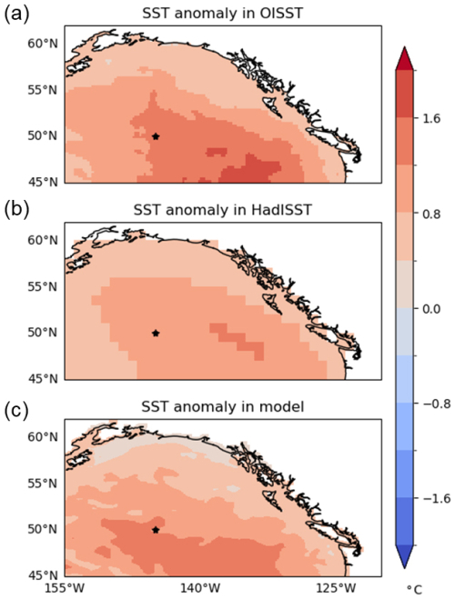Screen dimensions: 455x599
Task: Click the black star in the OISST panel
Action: tap(156, 136)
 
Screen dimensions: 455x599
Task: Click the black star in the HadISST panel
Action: tap(156, 333)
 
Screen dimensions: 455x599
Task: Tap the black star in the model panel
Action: tap(156, 530)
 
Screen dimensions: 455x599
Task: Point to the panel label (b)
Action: tap(15, 211)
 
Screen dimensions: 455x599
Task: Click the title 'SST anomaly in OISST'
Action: tap(222, 14)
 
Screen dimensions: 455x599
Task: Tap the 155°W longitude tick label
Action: tap(65, 587)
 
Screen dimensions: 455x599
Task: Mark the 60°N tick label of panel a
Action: tap(43, 44)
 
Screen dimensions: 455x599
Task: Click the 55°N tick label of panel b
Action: tap(43, 286)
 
